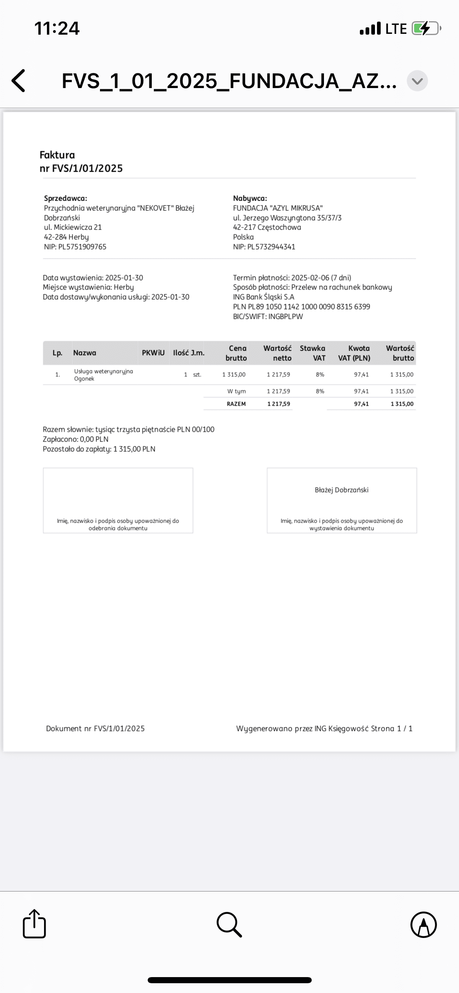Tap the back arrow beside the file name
(19, 80)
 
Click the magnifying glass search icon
(229, 924)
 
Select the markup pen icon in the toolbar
(424, 924)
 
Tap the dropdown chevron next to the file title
(417, 81)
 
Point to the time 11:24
(57, 29)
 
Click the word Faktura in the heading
(57, 155)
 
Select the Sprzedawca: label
(65, 199)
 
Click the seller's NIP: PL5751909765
(75, 247)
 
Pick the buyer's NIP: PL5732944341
(264, 247)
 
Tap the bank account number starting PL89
(302, 307)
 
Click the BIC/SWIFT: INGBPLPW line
(268, 316)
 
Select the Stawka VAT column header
(313, 353)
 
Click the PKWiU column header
(153, 353)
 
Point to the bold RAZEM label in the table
(236, 404)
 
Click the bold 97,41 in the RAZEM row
(361, 404)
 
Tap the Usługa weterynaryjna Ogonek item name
(104, 375)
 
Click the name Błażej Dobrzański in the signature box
(341, 490)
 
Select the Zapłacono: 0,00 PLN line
(75, 439)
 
